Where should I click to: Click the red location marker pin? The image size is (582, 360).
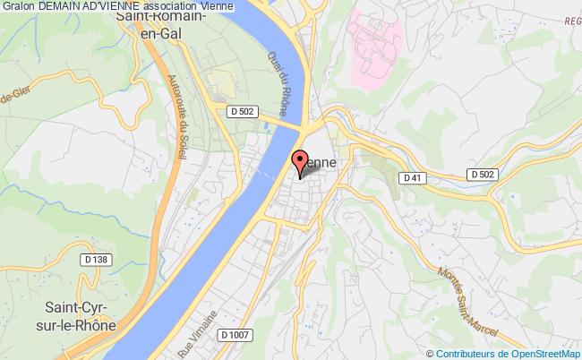click(x=299, y=161)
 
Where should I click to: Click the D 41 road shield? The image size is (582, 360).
click(x=411, y=179)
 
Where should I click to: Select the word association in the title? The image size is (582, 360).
click(x=170, y=6)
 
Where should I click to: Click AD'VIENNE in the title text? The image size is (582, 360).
click(x=112, y=6)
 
